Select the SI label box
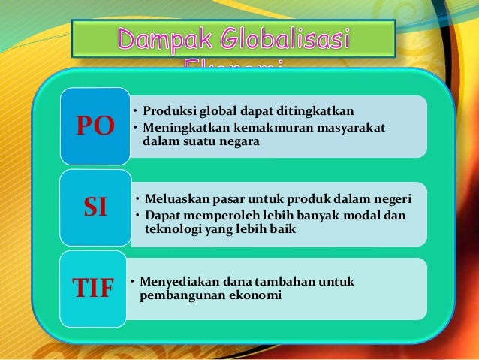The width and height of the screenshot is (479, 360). point(95,207)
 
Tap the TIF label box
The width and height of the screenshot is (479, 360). point(93,288)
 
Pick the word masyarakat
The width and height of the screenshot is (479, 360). point(346,129)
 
